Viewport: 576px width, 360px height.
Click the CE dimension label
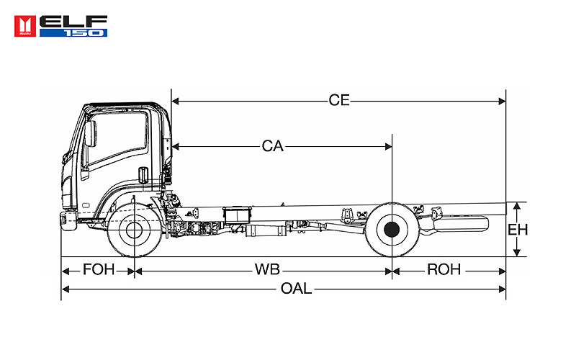pyautogui.click(x=338, y=101)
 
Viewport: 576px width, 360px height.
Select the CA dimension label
pyautogui.click(x=272, y=146)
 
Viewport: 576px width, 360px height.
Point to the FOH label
pyautogui.click(x=98, y=270)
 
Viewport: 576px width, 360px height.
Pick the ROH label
pyautogui.click(x=444, y=270)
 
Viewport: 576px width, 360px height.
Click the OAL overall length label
pyautogui.click(x=296, y=289)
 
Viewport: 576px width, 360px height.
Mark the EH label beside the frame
pyautogui.click(x=518, y=230)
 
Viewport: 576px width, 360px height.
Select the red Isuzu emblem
pyautogui.click(x=27, y=24)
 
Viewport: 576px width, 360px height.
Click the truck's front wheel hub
pyautogui.click(x=133, y=230)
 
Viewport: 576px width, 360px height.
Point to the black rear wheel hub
pyautogui.click(x=392, y=230)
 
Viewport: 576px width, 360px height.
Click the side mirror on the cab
pyautogui.click(x=90, y=134)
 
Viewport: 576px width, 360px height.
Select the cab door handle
pyautogui.click(x=143, y=174)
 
